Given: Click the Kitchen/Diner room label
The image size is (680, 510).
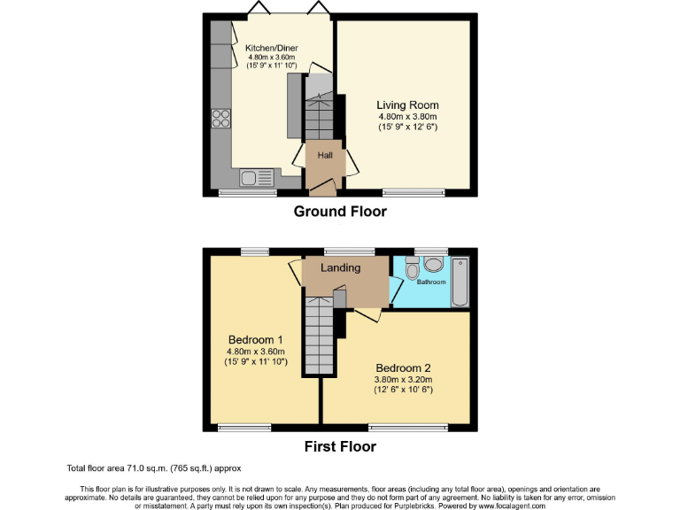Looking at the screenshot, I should coord(264,47).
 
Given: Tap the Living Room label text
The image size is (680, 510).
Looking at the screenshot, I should coord(407,104).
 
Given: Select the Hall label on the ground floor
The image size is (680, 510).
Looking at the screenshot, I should coord(326,155).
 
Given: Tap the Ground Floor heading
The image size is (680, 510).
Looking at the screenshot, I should coord(340,212).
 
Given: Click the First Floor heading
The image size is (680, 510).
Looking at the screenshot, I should coord(340,446).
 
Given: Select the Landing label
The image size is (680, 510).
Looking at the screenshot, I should coord(340,267).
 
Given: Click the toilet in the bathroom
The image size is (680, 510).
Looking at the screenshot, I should coord(411,268).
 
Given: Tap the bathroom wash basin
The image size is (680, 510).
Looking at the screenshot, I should coord(433,264).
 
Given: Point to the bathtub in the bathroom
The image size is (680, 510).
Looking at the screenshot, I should coord(460,282).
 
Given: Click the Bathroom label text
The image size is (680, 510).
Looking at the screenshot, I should coord(433,283).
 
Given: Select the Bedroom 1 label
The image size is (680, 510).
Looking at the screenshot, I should coord(255,340).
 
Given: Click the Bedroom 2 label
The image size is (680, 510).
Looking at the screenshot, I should coord(403,367).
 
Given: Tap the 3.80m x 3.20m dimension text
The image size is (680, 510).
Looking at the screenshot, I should coord(403,381).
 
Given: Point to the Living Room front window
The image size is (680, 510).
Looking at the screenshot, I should coord(413,191).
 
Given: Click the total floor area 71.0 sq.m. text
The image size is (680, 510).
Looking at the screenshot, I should coord(153,467).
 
